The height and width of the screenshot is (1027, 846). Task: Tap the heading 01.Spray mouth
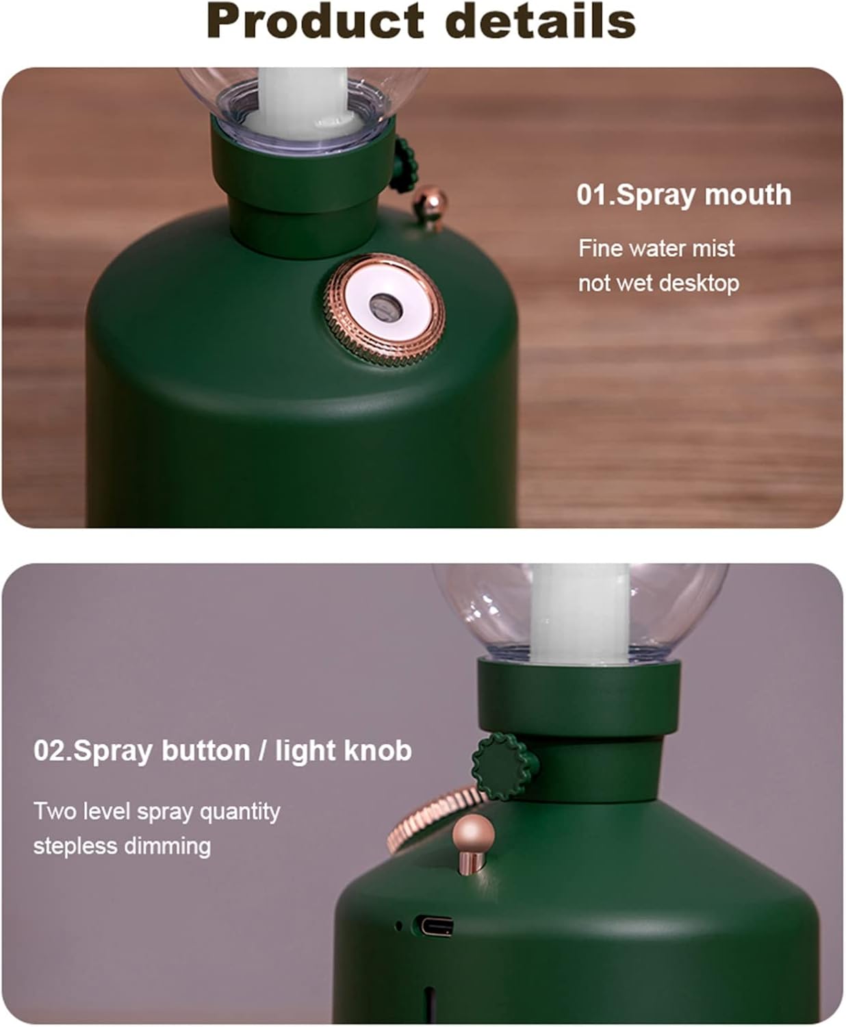(684, 195)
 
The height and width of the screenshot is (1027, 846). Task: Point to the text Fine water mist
(656, 249)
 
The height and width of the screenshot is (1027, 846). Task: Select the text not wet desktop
(658, 284)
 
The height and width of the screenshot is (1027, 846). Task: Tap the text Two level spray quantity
(157, 811)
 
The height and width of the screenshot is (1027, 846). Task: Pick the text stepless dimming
(122, 846)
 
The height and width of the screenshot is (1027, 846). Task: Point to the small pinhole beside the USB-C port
(398, 926)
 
